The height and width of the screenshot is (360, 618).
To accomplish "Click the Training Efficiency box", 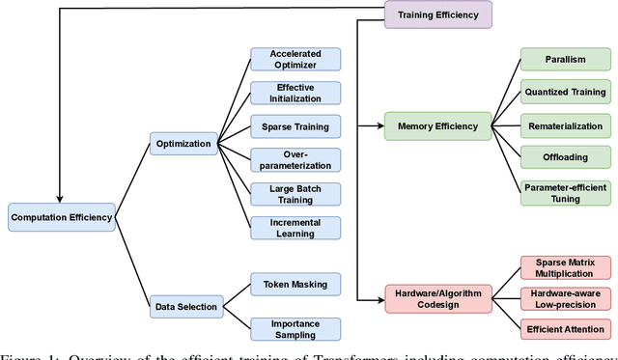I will [438, 13].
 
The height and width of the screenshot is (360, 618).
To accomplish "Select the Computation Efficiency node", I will [61, 217].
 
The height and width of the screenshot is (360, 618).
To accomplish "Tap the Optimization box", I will [183, 144].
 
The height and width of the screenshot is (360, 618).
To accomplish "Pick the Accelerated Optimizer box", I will [295, 59].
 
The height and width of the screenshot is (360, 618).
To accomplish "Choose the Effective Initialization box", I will [295, 93].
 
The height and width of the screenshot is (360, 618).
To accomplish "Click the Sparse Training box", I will [295, 126].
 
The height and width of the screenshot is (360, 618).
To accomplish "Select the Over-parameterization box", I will [295, 159].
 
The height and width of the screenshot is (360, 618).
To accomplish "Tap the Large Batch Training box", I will [295, 194].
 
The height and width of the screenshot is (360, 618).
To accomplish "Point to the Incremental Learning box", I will [295, 228].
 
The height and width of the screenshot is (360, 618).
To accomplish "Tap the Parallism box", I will [566, 59].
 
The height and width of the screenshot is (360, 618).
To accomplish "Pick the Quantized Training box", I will [566, 93].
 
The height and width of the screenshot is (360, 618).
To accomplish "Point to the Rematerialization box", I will [566, 126].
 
